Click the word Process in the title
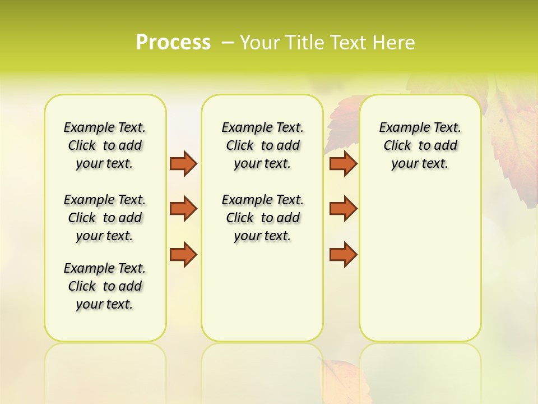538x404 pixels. click(x=173, y=42)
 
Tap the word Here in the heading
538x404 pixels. click(x=392, y=42)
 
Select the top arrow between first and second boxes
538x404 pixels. click(x=183, y=163)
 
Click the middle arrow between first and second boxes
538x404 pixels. click(x=183, y=209)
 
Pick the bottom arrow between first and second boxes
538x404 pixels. click(x=183, y=254)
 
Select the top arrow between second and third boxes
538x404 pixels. click(x=343, y=163)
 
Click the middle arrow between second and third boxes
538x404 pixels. click(x=343, y=209)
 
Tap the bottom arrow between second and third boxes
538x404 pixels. click(x=343, y=254)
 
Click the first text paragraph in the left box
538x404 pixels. click(x=105, y=145)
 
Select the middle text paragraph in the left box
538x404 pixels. click(x=105, y=218)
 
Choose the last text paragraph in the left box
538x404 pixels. click(x=105, y=286)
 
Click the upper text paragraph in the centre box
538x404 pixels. click(x=262, y=145)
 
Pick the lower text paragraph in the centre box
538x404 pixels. click(x=262, y=218)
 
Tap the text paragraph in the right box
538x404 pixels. click(x=420, y=145)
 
